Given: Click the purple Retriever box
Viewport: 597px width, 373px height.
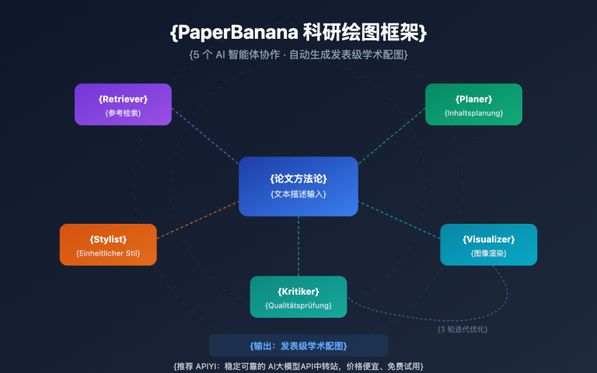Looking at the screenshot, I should (x=123, y=104).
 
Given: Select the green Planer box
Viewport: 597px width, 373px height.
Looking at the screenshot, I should (x=473, y=104).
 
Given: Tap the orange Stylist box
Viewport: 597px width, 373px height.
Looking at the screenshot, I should (x=108, y=244).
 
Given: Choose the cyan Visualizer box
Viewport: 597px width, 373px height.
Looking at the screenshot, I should (x=488, y=244).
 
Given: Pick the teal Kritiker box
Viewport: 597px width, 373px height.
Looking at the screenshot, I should (x=298, y=296).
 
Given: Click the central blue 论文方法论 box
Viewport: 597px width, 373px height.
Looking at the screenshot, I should (x=298, y=186).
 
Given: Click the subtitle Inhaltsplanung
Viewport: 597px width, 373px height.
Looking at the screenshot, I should (x=473, y=113).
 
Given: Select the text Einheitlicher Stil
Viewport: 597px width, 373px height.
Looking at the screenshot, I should (x=108, y=253).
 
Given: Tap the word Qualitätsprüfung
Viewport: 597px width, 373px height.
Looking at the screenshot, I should (x=298, y=305).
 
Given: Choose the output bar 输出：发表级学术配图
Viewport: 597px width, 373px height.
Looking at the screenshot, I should (x=298, y=346).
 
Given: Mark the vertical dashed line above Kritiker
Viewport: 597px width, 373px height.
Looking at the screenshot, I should (x=298, y=246).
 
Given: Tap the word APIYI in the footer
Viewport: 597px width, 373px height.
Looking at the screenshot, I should (x=203, y=365).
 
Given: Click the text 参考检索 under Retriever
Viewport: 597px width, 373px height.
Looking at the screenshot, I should (x=123, y=113).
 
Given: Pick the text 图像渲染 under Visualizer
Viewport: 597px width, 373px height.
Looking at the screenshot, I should (x=488, y=253).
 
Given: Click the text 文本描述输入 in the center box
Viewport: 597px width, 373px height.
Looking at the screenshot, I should (x=298, y=193).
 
